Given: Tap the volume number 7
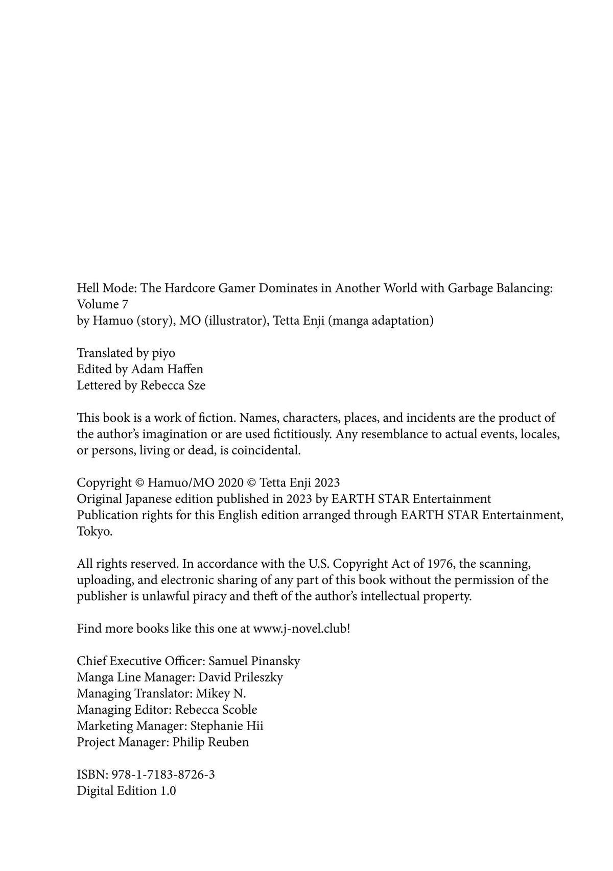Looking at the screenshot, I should (x=125, y=304).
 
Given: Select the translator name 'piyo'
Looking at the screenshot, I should (x=163, y=353).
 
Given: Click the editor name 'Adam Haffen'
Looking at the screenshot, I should (x=167, y=369).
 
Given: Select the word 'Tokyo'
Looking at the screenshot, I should (x=94, y=531).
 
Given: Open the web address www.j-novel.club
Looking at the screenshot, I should (x=300, y=628).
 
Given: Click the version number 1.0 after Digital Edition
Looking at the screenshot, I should (x=168, y=791).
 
